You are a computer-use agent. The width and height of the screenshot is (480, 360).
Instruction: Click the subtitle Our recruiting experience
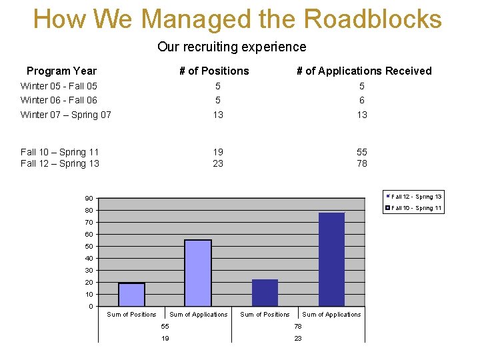(232, 47)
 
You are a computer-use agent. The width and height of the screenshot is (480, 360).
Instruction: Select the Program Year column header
(61, 71)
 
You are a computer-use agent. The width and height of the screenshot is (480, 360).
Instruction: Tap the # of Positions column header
(214, 71)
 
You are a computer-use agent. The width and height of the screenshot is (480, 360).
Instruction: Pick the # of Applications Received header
(364, 71)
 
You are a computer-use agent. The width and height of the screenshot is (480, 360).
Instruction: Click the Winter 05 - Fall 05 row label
(59, 86)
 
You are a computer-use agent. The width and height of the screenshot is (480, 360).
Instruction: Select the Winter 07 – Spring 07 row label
(66, 115)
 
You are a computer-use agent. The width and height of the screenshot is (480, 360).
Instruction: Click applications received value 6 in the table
(362, 100)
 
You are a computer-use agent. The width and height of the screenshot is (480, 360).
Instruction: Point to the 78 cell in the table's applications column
(361, 163)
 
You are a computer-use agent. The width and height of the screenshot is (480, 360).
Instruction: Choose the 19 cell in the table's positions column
(218, 152)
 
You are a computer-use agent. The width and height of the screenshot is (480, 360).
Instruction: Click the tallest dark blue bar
(331, 259)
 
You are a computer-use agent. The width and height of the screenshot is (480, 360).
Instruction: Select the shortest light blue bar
(131, 295)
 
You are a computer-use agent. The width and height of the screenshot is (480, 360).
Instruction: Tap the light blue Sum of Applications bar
(198, 273)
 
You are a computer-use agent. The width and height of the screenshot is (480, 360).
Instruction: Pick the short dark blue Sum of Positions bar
(265, 293)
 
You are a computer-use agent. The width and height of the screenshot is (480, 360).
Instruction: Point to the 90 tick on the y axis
(89, 199)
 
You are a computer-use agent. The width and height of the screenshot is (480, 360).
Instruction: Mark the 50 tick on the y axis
(89, 247)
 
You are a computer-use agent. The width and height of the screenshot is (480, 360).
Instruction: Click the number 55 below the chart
(165, 326)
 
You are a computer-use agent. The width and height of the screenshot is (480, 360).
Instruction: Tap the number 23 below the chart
(298, 338)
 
